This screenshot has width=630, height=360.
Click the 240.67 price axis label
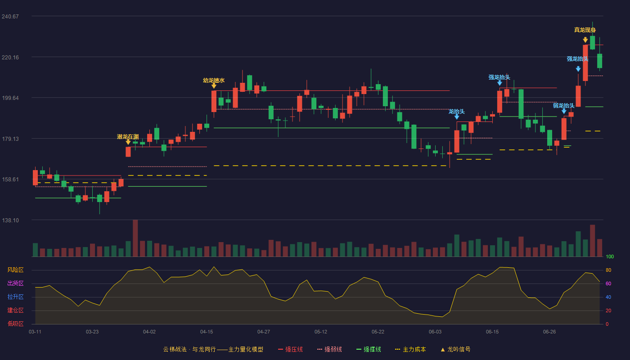pyautogui.click(x=10, y=17)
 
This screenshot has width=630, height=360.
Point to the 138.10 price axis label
pyautogui.click(x=10, y=220)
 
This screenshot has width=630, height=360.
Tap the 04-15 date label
pyautogui.click(x=207, y=332)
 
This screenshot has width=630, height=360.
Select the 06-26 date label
pyautogui.click(x=549, y=332)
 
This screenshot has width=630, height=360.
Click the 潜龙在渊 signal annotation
pyautogui.click(x=128, y=137)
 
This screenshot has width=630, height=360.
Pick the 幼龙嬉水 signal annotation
pyautogui.click(x=214, y=81)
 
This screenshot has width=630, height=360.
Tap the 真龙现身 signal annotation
pyautogui.click(x=585, y=30)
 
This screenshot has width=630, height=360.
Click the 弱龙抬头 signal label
pyautogui.click(x=563, y=105)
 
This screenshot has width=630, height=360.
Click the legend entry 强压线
pyautogui.click(x=291, y=349)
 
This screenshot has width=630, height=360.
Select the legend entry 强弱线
pyautogui.click(x=329, y=349)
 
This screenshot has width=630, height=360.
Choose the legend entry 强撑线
pyautogui.click(x=369, y=349)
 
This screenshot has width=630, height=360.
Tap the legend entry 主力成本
pyautogui.click(x=410, y=349)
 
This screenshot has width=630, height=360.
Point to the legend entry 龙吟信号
pyautogui.click(x=455, y=349)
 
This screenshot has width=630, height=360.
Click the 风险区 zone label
pyautogui.click(x=15, y=270)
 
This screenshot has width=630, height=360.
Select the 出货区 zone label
pyautogui.click(x=15, y=283)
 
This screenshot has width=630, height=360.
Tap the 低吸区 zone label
pyautogui.click(x=15, y=324)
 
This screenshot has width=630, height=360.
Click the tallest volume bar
pyautogui.click(x=135, y=238)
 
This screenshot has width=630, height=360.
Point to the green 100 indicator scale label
pyautogui.click(x=610, y=256)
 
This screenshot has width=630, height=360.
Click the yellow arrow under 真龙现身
pyautogui.click(x=585, y=40)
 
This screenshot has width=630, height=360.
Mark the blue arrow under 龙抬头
pyautogui.click(x=457, y=117)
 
